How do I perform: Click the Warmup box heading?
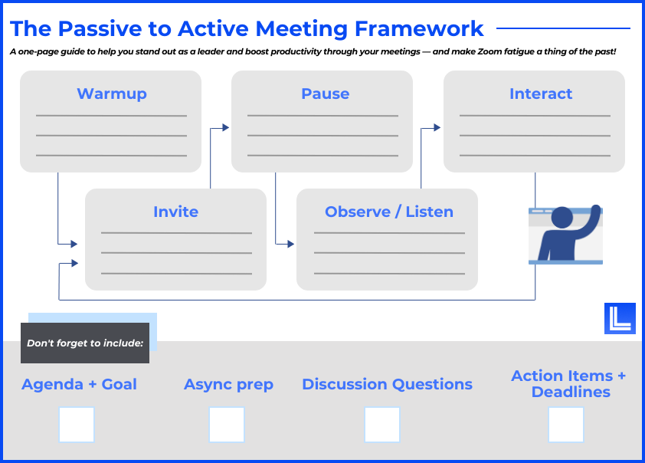pos(112,94)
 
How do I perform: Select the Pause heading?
pos(326,94)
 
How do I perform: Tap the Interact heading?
pos(541,94)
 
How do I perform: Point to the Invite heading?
pos(175,212)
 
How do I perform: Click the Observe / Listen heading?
pos(389,212)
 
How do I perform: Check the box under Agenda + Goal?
pos(77,425)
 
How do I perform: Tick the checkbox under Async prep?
pos(227,425)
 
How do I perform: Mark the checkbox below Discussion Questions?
pos(382,425)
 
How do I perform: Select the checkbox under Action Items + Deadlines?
pos(566,425)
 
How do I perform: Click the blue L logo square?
pos(620,319)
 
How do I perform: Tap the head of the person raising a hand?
pos(562,217)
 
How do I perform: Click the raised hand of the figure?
pos(594,210)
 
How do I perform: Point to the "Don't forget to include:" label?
pos(85,343)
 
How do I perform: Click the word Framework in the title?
pos(419,29)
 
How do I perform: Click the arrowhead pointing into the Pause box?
pos(225,127)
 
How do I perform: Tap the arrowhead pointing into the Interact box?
pos(437,127)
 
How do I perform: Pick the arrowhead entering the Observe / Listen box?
pos(291,244)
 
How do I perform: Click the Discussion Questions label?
pos(387,384)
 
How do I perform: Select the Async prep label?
pos(228,385)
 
